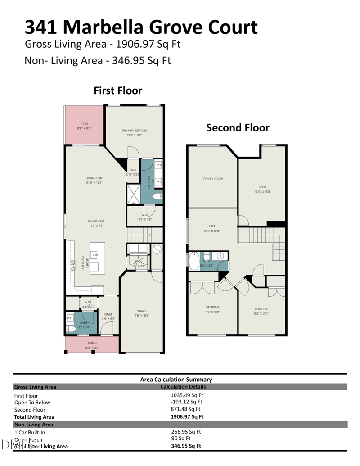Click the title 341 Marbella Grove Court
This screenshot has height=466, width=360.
coord(141,27)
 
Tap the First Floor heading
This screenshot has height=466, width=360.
coord(118,90)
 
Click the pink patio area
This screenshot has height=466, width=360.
coord(85,126)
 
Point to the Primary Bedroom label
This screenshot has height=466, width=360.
coord(135,131)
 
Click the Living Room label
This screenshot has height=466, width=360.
coord(94,179)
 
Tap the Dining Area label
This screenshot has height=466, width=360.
coord(96,222)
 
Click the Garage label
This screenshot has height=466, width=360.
coord(142,311)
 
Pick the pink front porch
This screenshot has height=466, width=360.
coord(92,345)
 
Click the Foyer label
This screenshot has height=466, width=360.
coord(108,314)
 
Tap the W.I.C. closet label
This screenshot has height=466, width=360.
coord(144,214)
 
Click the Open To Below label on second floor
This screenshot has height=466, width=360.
coord(212,179)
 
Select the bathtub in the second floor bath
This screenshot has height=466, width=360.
coord(194,261)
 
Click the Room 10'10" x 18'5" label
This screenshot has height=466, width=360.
coord(262,187)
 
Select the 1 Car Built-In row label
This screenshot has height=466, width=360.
coord(30,432)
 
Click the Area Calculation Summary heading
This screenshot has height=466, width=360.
coord(176,380)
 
